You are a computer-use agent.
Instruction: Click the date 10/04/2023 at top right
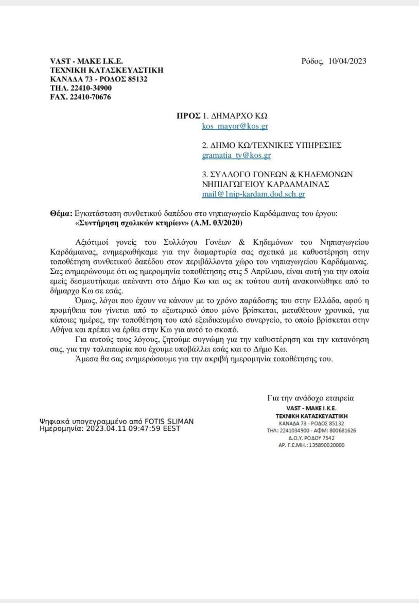[347, 61]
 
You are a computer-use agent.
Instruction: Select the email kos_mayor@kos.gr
[235, 125]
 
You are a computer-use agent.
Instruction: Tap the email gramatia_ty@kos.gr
[236, 154]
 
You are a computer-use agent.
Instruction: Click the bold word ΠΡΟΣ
[188, 115]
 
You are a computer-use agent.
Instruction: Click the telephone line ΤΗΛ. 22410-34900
[81, 88]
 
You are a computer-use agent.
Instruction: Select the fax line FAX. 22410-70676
[80, 97]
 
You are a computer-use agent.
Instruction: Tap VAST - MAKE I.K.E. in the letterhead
[86, 61]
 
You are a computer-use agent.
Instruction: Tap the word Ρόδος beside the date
[312, 61]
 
